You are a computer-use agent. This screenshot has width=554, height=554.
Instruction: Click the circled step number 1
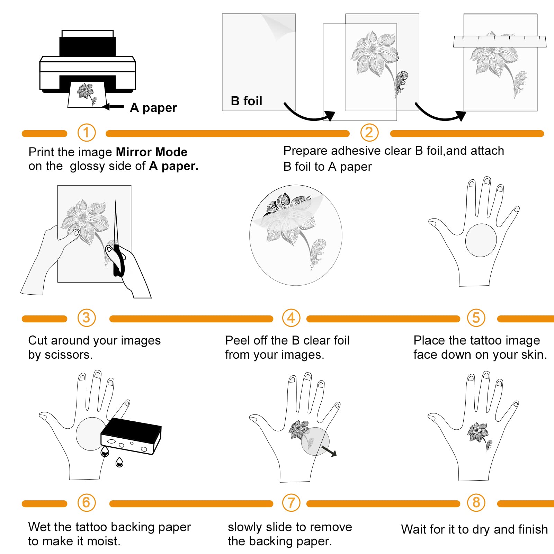pos(86,133)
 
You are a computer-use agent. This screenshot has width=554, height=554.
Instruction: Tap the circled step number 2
pos(369,133)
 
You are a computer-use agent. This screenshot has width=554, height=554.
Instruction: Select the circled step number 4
pos(291,318)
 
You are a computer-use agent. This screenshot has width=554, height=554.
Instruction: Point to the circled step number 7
pos(291,503)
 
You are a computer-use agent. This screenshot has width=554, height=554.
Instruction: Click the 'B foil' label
pos(247,101)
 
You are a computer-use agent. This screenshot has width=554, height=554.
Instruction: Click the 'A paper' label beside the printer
pos(153,108)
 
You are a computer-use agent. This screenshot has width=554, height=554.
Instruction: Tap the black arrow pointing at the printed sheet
pos(113,107)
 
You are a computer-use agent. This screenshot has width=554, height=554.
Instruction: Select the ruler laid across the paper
pos(500,42)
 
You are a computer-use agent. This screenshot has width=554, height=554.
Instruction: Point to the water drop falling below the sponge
pos(119,462)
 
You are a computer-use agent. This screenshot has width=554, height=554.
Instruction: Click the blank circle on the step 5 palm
pos(481,240)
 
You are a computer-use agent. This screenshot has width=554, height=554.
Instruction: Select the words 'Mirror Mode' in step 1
pos(152,152)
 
